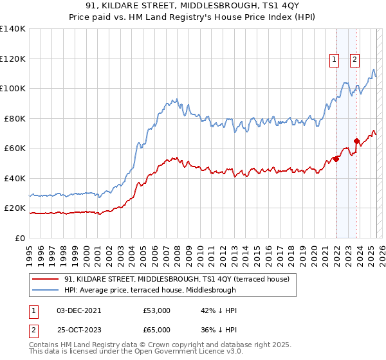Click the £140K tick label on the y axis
(13, 29)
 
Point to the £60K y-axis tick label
(15, 148)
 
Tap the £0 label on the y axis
(19, 238)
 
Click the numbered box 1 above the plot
(335, 60)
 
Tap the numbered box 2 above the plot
(354, 60)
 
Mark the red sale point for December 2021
(336, 159)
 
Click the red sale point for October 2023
(356, 141)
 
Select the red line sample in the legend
(45, 279)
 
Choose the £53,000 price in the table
(157, 310)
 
